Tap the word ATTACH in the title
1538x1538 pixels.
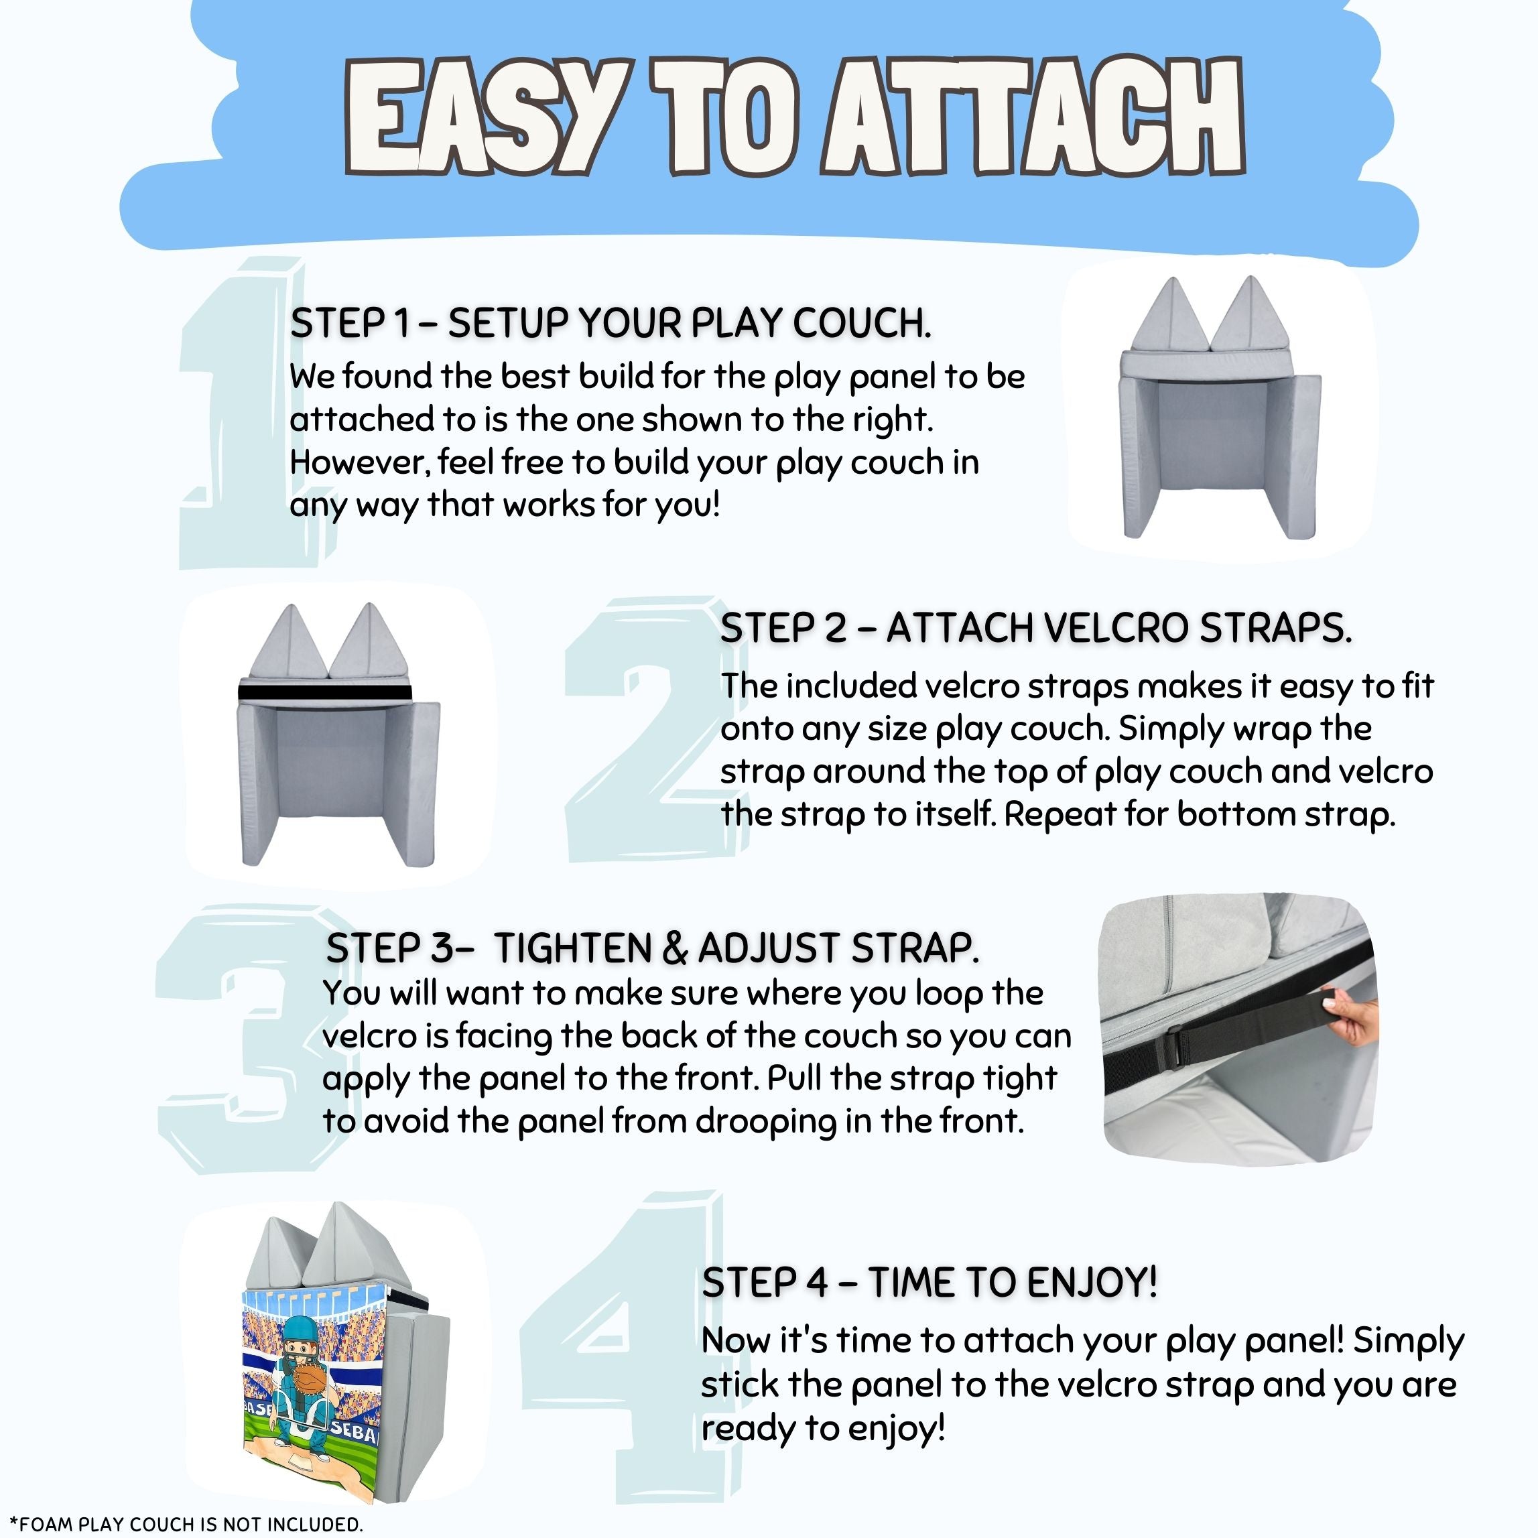tap(1033, 117)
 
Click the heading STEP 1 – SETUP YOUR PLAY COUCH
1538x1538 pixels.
tap(611, 323)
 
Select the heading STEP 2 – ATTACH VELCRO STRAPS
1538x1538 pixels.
tap(1035, 628)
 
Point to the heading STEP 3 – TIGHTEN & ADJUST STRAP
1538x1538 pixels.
tap(653, 948)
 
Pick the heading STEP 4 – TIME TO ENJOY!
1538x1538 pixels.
tap(929, 1281)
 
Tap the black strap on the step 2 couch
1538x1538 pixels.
tap(325, 692)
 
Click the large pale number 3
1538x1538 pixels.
tap(247, 1039)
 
